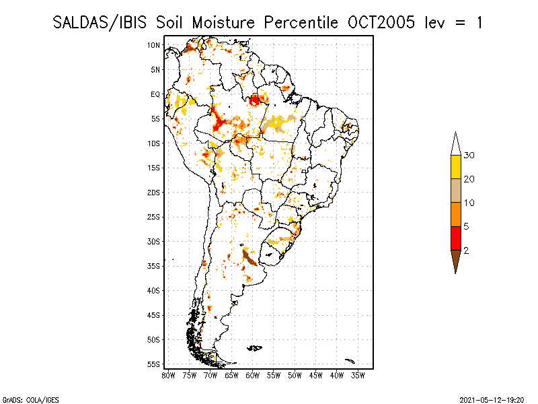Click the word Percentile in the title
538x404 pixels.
(x=301, y=23)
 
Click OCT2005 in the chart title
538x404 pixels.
(x=381, y=23)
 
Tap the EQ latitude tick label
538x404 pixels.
(x=155, y=94)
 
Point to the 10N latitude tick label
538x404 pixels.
(x=153, y=45)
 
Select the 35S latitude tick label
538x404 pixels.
(x=153, y=266)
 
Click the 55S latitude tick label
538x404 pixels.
(x=153, y=364)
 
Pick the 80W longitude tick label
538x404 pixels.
(x=168, y=376)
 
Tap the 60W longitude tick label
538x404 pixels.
(x=253, y=376)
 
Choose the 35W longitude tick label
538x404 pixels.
(x=358, y=376)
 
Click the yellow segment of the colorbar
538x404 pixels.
(x=456, y=167)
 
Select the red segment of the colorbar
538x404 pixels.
(x=456, y=238)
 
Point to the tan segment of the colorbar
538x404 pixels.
(x=456, y=191)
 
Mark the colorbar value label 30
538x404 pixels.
(x=469, y=156)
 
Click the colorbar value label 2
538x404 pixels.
(x=466, y=250)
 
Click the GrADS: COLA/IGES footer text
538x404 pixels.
(x=31, y=400)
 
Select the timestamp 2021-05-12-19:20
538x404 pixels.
(x=492, y=400)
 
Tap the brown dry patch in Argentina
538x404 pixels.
(x=249, y=258)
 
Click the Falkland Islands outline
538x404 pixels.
(x=255, y=348)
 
